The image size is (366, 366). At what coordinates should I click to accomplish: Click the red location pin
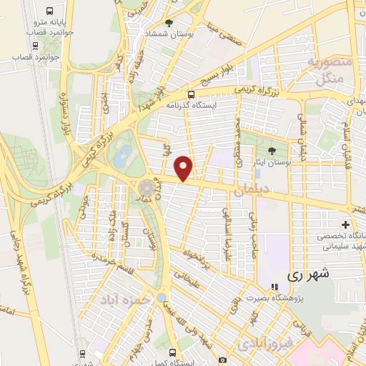coord(185,168)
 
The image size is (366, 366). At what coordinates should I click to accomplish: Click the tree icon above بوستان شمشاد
coord(169,23)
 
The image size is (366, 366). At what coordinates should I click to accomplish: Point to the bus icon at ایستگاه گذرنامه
coord(190,94)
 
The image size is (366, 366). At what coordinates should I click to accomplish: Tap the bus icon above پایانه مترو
coord(49,11)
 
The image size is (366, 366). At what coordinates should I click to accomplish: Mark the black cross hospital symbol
coord(346,223)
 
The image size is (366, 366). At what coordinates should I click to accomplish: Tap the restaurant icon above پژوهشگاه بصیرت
coord(274,287)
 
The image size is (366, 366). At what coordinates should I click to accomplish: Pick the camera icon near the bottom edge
coord(222,360)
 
